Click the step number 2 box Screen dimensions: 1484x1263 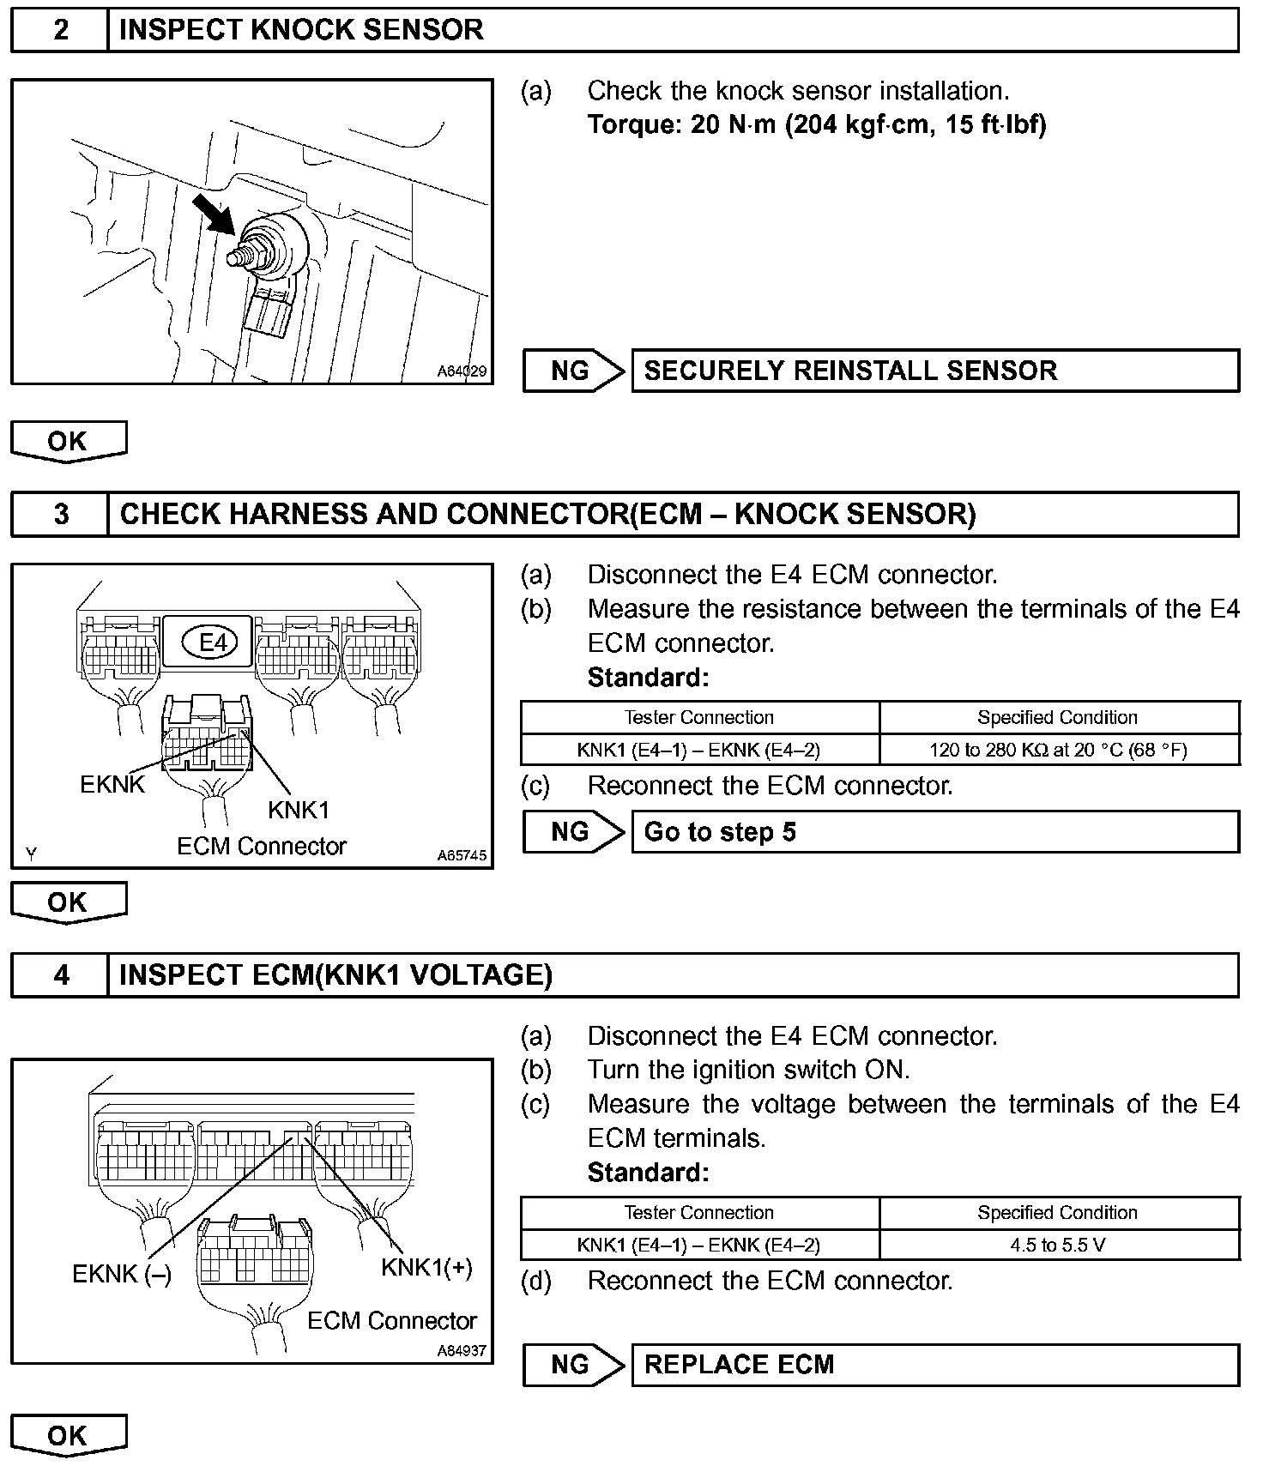(x=60, y=30)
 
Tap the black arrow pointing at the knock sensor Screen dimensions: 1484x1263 (x=213, y=214)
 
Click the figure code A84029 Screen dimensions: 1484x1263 (x=462, y=371)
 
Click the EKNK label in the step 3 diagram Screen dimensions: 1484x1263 (x=112, y=784)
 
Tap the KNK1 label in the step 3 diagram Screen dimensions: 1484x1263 (x=299, y=810)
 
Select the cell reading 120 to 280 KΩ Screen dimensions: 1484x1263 (x=1058, y=751)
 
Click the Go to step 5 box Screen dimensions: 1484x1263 (x=934, y=832)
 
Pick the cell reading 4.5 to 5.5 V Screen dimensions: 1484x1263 (x=1058, y=1245)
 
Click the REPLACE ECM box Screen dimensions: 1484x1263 (x=934, y=1365)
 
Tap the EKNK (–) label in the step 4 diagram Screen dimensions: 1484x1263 (x=122, y=1275)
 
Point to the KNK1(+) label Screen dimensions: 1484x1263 (x=427, y=1268)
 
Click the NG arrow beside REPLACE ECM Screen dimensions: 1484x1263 (x=573, y=1365)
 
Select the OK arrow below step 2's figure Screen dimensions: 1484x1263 (x=68, y=442)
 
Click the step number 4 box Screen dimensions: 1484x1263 (x=60, y=975)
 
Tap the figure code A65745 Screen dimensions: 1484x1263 (x=462, y=855)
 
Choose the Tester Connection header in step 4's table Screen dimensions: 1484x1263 (x=699, y=1213)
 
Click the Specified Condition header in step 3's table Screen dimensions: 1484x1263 (x=1058, y=718)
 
